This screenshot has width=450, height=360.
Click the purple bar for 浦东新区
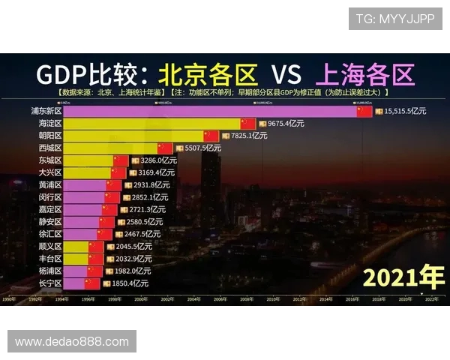[210, 111]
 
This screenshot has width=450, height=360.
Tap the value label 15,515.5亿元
[405, 111]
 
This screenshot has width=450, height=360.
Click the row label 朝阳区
[50, 136]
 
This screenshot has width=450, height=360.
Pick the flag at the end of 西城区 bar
[165, 148]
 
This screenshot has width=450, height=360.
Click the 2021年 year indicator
[403, 277]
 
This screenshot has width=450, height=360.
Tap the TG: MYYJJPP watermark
[394, 19]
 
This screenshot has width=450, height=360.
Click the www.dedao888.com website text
[72, 341]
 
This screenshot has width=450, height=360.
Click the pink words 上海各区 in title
[365, 74]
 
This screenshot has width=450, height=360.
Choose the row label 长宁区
[50, 283]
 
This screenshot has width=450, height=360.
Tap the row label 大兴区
[50, 172]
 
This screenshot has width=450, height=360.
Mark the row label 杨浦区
[50, 271]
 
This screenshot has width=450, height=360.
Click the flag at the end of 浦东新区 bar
[364, 111]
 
